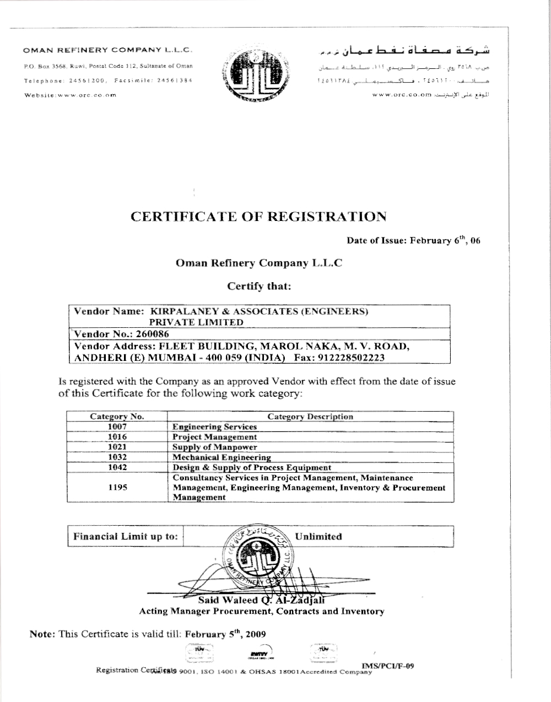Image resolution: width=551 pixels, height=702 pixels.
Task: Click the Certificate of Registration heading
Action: click(x=258, y=216)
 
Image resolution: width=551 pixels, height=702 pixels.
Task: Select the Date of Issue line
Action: click(x=413, y=241)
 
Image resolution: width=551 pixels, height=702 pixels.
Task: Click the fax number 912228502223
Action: click(x=354, y=357)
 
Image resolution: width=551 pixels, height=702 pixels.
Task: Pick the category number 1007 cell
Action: click(x=117, y=426)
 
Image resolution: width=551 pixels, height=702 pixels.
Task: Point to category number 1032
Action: click(x=117, y=457)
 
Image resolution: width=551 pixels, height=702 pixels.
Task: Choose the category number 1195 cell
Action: click(x=117, y=488)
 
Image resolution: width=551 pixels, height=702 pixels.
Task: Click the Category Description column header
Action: click(x=310, y=417)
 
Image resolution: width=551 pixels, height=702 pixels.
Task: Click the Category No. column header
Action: click(x=117, y=417)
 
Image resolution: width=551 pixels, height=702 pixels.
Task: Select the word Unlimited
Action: click(x=318, y=536)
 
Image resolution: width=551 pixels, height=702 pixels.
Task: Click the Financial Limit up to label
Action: click(x=126, y=536)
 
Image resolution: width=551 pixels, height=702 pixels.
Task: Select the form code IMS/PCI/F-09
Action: click(x=387, y=666)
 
